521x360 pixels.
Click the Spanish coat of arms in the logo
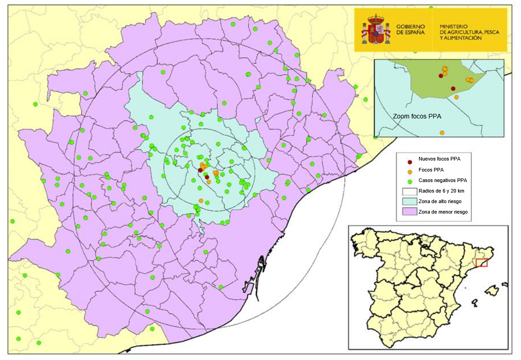[x=376, y=29]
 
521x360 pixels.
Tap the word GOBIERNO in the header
[x=410, y=27]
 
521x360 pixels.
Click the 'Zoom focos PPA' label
[x=417, y=117]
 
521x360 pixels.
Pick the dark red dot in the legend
[x=410, y=161]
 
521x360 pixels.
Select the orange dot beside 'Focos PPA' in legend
[x=410, y=171]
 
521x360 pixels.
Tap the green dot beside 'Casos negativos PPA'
[x=410, y=181]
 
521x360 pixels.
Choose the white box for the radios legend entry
[x=409, y=191]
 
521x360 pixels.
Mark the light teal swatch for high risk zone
[x=409, y=201]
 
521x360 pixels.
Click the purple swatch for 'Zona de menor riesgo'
[x=409, y=212]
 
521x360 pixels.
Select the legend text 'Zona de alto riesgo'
[x=440, y=201]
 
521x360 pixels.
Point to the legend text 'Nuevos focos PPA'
[x=439, y=159]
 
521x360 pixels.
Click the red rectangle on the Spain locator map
[x=481, y=263]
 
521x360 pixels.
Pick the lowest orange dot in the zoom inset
[x=442, y=133]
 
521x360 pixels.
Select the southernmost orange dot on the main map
[x=201, y=200]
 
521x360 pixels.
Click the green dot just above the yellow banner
[x=431, y=8]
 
